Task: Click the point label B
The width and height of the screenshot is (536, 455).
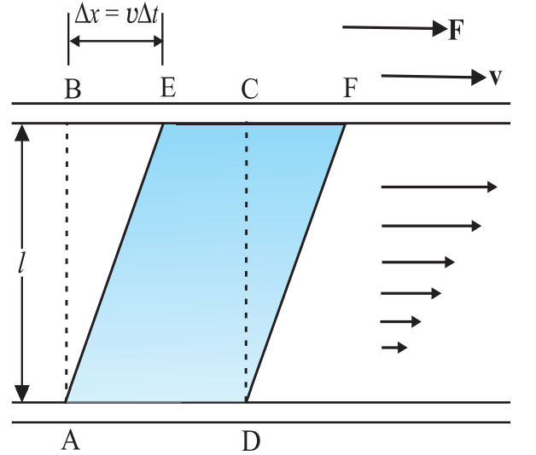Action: tap(73, 89)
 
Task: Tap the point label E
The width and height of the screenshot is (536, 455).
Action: tap(168, 88)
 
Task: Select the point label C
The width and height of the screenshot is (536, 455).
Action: tap(249, 89)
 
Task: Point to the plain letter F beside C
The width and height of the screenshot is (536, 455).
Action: tap(351, 88)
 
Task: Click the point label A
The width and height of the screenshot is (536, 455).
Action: tap(71, 440)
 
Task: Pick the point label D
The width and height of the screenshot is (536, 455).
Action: tap(251, 441)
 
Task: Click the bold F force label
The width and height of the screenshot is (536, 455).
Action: tap(456, 30)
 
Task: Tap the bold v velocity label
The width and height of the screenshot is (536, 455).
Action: tap(495, 77)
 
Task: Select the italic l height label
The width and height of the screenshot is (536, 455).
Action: tap(21, 262)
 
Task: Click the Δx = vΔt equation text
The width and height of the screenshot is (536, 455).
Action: tap(117, 15)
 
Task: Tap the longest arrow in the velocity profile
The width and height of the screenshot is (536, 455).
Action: tap(439, 187)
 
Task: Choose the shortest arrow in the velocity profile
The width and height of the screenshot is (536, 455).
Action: tap(394, 348)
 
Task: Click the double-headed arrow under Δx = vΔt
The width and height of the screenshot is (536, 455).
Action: tap(116, 41)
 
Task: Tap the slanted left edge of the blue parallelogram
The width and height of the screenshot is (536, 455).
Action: tap(114, 262)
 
